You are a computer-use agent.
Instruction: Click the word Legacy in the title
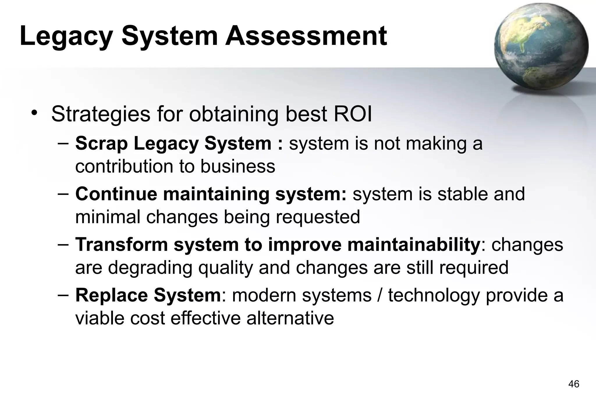tap(66, 36)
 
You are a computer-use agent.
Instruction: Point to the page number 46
tap(574, 384)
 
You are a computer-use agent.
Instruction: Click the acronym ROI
tap(352, 114)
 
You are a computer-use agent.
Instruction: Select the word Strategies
tap(101, 114)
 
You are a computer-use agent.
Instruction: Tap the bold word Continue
tap(116, 194)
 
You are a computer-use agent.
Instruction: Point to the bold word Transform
tap(122, 244)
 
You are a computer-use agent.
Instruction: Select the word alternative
tap(290, 318)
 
